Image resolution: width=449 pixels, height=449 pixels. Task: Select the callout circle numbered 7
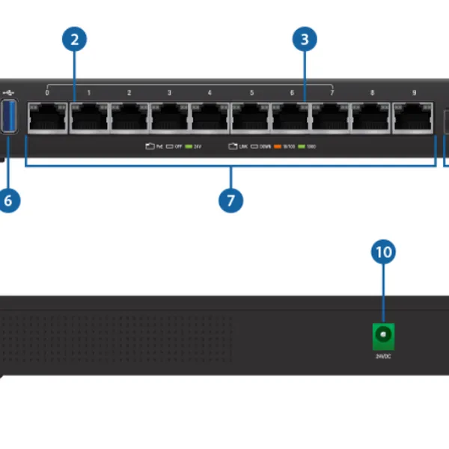click(231, 200)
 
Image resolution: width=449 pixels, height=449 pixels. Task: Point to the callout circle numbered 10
click(383, 253)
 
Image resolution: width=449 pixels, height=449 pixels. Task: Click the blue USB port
click(10, 117)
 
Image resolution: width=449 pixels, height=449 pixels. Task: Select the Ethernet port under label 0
click(48, 117)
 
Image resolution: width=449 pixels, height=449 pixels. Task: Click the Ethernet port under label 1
click(88, 117)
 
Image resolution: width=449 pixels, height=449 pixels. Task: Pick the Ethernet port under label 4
click(210, 117)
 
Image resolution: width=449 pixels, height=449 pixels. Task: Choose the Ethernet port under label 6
click(291, 117)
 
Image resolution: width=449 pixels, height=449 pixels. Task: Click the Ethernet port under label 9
click(413, 117)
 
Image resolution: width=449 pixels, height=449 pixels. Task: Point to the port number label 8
click(373, 94)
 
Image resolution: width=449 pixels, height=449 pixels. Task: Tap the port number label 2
click(129, 94)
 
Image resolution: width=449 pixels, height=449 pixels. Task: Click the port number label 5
click(251, 94)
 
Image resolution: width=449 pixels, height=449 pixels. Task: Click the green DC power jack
click(383, 336)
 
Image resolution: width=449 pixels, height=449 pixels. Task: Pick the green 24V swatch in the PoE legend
click(189, 147)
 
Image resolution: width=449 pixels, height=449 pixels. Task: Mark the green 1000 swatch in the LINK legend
click(302, 147)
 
